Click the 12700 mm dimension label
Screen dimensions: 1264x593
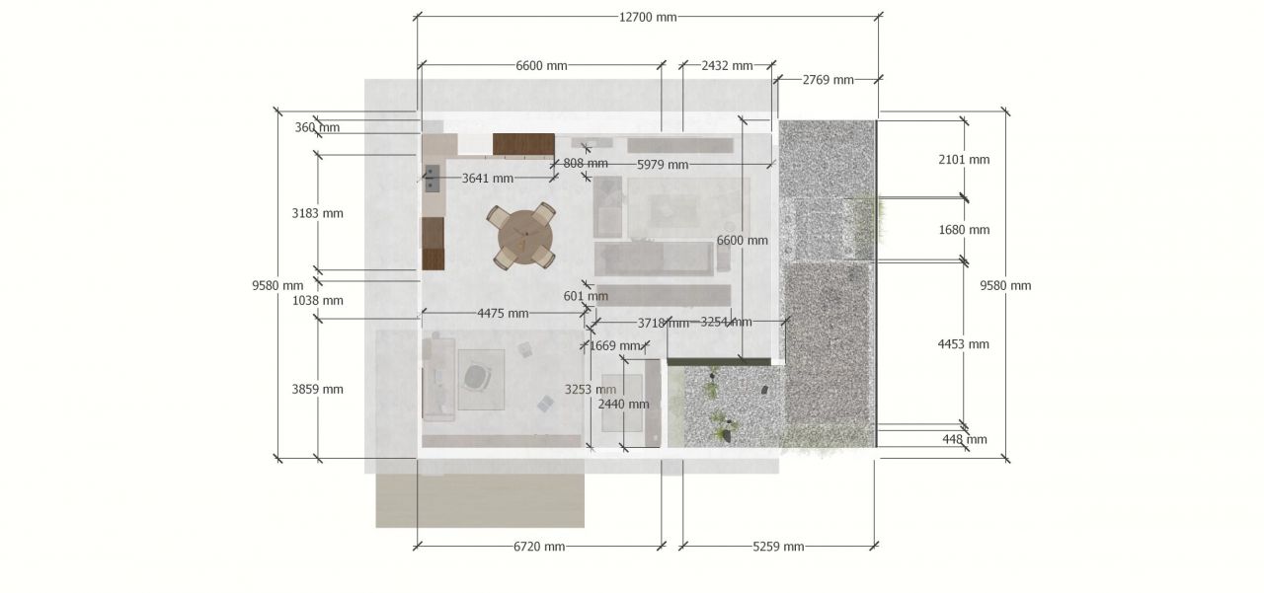tap(647, 17)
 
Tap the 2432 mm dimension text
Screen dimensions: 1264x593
tap(727, 66)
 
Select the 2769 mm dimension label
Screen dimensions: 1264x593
tap(828, 80)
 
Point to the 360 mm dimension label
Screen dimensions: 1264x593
tap(317, 127)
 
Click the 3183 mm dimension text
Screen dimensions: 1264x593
tap(317, 213)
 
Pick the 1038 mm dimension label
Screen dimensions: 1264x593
tap(317, 300)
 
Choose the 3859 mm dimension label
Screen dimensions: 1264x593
tap(317, 389)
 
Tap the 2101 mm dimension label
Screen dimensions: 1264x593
tap(964, 160)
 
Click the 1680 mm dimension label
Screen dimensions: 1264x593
tap(964, 230)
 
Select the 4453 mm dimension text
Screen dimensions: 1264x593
tap(963, 343)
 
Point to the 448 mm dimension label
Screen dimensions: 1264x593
tap(965, 439)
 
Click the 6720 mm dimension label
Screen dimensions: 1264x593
tap(539, 547)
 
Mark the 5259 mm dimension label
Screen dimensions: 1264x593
tap(778, 547)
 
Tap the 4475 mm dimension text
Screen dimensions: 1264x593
tap(503, 314)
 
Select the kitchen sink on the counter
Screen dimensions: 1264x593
tap(432, 179)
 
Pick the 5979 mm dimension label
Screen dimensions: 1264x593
tap(663, 165)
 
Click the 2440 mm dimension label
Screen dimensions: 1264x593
tap(623, 404)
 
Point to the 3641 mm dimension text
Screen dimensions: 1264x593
tap(488, 179)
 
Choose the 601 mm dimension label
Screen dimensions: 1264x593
tap(586, 296)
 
